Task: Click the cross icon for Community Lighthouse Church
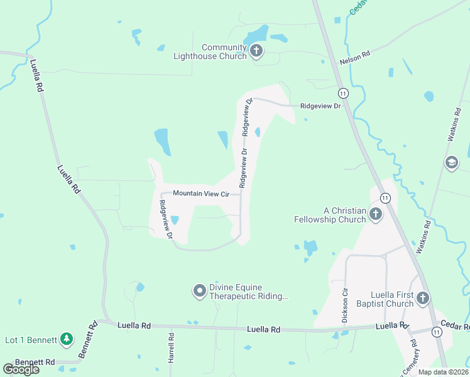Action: point(256,50)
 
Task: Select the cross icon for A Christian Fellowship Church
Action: point(375,214)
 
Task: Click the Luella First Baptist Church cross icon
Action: point(423,298)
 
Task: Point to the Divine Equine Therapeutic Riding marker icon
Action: point(199,290)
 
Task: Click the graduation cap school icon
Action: point(451,163)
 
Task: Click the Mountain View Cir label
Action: point(201,194)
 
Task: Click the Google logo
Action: point(21,369)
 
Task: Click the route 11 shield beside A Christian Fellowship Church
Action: point(385,198)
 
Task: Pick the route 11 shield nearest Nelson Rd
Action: point(343,94)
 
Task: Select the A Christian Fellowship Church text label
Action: point(330,215)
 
